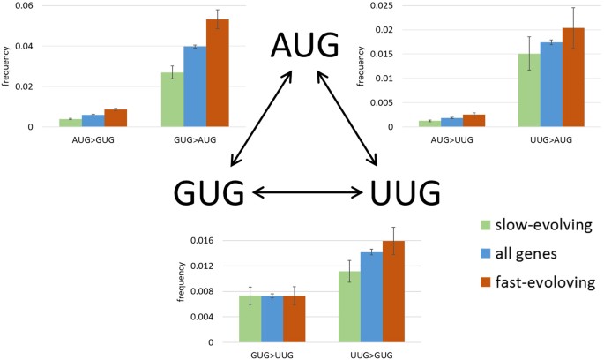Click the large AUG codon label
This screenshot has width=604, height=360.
(x=305, y=45)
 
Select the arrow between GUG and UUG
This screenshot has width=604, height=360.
(x=306, y=191)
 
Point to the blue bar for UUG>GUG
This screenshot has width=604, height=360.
(x=372, y=297)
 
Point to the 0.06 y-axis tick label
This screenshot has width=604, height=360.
(x=20, y=6)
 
